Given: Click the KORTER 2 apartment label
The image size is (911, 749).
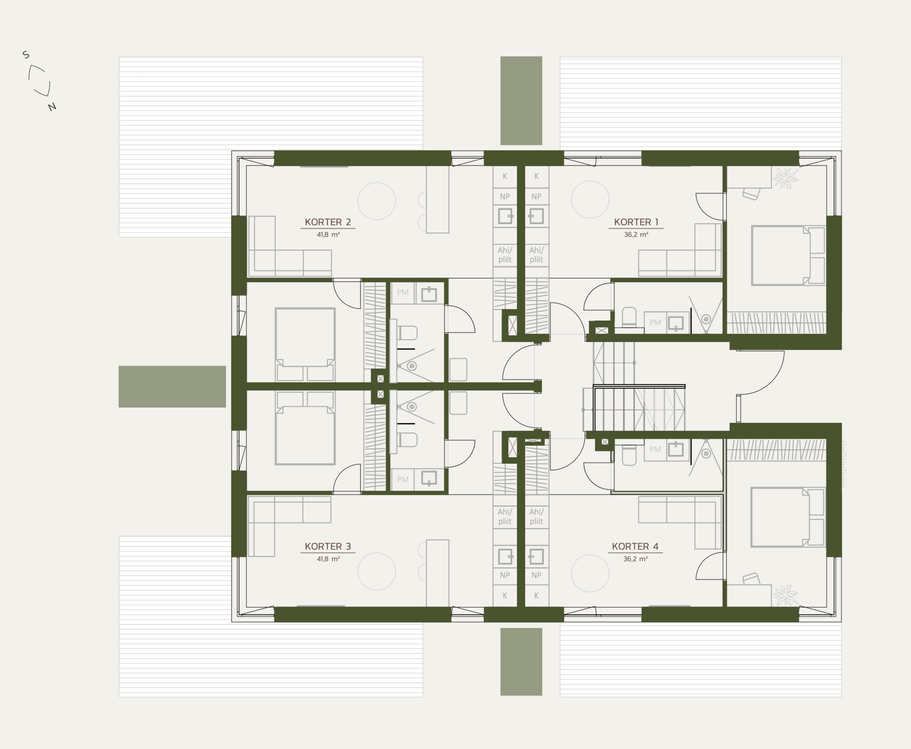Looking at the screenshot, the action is (x=328, y=222).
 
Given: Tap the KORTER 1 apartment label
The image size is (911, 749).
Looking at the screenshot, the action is (x=636, y=222).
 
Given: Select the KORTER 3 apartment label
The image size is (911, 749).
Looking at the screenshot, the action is (x=328, y=547).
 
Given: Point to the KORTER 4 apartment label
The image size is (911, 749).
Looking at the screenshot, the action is (x=635, y=547).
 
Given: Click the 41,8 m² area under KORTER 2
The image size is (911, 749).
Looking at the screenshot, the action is (x=328, y=235).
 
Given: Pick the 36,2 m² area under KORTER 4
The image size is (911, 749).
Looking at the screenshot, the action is (x=635, y=559).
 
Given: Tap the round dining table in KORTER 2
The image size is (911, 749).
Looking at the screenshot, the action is (x=377, y=201).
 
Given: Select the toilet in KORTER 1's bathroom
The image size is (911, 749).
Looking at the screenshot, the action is (x=629, y=317).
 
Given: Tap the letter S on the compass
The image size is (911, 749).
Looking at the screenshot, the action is (x=26, y=55).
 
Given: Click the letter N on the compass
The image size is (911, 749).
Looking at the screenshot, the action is (x=52, y=107).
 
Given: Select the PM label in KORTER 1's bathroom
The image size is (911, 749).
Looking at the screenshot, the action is (x=655, y=323).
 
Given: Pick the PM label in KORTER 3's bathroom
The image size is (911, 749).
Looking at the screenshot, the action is (x=403, y=480).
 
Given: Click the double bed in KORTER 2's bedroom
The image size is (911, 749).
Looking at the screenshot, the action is (x=305, y=344).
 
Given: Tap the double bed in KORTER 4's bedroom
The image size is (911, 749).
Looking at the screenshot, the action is (x=788, y=517).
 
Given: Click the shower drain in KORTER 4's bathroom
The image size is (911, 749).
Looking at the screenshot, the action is (x=706, y=454).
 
